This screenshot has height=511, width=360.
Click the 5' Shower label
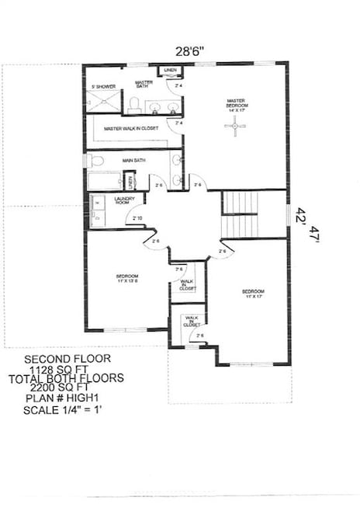click(x=103, y=86)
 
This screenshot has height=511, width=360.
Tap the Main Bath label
click(x=133, y=161)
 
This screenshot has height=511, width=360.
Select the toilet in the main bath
click(x=95, y=162)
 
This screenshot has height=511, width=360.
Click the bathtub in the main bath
click(x=104, y=182)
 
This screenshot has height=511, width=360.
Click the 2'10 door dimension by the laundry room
click(x=137, y=218)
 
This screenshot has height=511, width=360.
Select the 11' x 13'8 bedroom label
click(x=127, y=279)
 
